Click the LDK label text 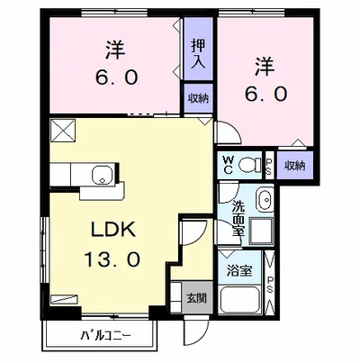point(113,231)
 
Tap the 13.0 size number point(112,259)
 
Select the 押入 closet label point(198,54)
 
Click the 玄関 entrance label point(197,297)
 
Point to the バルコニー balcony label point(105,335)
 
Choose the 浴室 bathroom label point(239,271)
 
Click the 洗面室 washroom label point(238,218)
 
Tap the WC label point(228,165)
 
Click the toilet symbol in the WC point(250,165)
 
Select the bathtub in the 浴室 point(240,300)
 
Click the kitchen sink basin point(103,175)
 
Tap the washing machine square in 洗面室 point(261,231)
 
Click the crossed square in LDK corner point(63,131)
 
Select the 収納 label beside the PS point(295,166)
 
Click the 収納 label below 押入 point(198,98)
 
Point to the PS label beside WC point(269,167)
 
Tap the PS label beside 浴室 point(270,284)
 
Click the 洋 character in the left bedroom point(115,50)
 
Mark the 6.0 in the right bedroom point(266,94)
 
